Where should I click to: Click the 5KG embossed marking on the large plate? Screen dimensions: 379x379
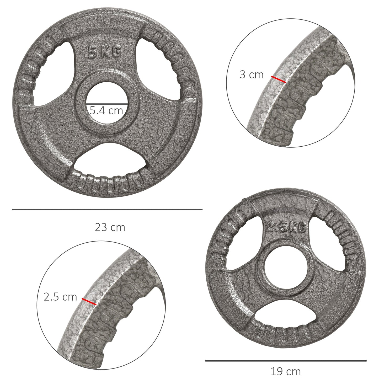tap(104, 53)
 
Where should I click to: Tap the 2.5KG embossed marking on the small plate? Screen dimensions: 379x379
tap(286, 227)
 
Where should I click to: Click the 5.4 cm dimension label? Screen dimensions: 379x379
tap(106, 110)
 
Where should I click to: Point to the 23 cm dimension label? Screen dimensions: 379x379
tap(110, 227)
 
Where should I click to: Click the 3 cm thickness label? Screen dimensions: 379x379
tap(252, 75)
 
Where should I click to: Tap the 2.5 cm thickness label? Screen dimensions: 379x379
tap(60, 297)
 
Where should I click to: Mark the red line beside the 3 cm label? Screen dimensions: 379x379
tap(279, 79)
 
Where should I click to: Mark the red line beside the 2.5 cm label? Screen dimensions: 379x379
tap(89, 301)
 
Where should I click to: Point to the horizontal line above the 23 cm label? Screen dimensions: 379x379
tap(107, 210)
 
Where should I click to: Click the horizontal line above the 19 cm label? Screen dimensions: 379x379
tap(286, 361)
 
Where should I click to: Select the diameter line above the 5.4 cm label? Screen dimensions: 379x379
tap(107, 103)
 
